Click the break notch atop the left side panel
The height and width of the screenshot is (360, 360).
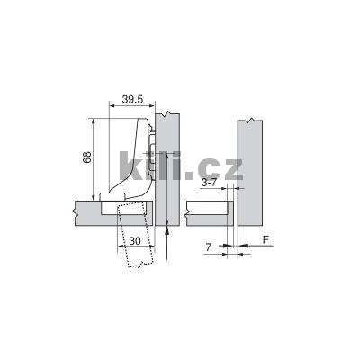163,114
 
